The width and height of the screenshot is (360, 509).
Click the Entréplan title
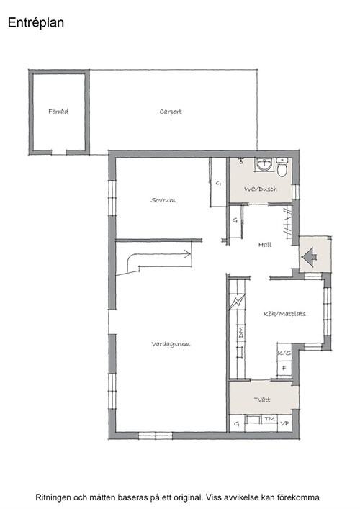36,23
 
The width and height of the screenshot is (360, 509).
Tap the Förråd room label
58,112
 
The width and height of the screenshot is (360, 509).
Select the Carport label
171,112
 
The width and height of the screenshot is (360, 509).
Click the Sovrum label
163,200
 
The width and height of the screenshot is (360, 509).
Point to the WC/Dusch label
261,189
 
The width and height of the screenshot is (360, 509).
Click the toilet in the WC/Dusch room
282,167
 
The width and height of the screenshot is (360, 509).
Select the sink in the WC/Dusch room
265,164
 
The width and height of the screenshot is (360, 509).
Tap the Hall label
265,245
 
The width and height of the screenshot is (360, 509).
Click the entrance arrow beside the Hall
309,257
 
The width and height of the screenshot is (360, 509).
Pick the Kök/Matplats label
284,314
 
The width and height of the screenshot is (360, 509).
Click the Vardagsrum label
171,344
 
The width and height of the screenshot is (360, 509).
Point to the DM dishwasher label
241,333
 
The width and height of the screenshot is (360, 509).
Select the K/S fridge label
284,353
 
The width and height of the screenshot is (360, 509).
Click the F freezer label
284,368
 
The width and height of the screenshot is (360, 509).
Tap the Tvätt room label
262,400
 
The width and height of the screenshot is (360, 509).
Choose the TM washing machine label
269,419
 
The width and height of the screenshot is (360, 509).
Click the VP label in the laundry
284,423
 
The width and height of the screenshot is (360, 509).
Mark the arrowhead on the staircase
188,254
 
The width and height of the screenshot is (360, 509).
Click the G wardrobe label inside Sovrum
218,184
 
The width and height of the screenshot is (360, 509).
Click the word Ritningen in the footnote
53,497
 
